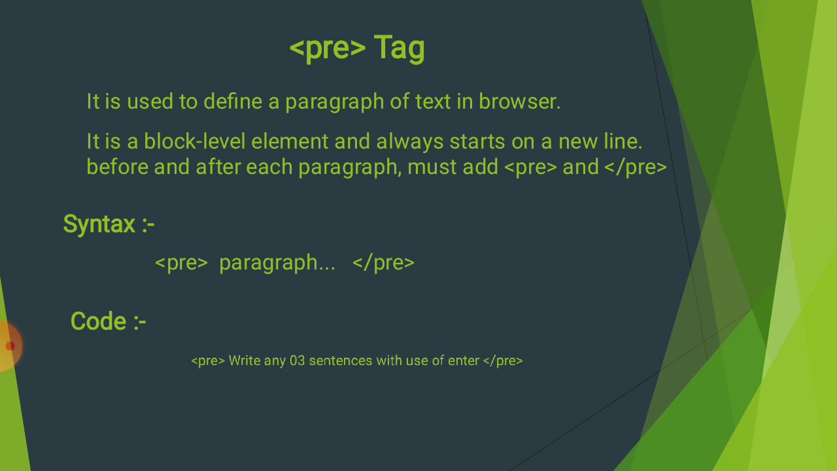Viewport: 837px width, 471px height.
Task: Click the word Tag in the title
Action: pos(399,48)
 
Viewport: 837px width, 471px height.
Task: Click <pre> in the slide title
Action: pos(327,48)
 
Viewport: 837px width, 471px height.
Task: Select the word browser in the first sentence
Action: pos(519,101)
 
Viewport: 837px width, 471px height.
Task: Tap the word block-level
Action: pos(194,141)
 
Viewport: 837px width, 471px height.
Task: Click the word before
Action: pos(117,167)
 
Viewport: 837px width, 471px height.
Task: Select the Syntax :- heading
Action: pos(109,224)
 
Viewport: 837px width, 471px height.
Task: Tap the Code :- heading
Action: pos(108,321)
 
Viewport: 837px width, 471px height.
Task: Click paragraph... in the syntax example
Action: pos(277,263)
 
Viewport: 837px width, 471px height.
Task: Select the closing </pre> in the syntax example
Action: pos(383,263)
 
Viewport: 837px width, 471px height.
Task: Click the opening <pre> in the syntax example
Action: pos(181,263)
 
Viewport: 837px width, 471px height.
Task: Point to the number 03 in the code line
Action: pos(297,360)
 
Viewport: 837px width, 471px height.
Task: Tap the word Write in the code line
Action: pos(244,360)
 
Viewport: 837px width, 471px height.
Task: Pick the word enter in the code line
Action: pos(463,360)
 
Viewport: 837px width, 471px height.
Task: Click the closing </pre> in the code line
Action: pos(503,360)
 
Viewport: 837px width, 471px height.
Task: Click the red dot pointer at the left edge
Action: pos(10,346)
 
